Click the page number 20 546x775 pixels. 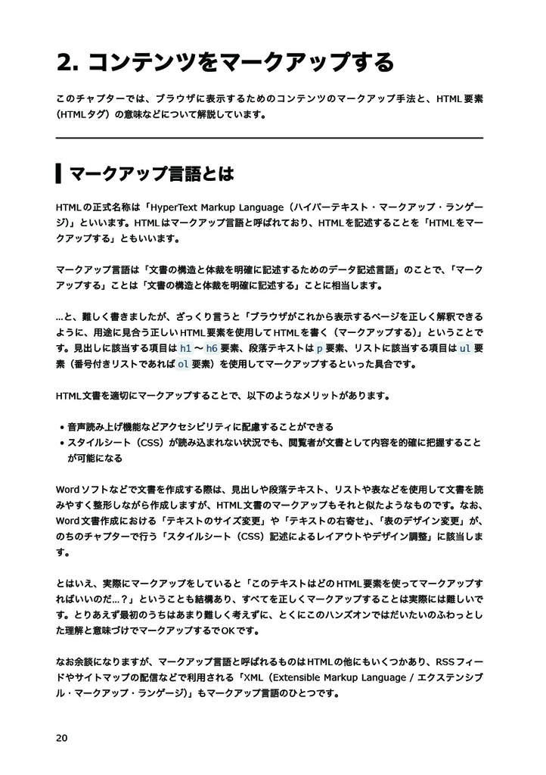click(62, 738)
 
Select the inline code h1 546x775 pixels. click(185, 349)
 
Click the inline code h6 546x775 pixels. click(212, 349)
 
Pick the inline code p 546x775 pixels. click(319, 349)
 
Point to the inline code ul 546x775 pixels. click(466, 349)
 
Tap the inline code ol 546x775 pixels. click(183, 364)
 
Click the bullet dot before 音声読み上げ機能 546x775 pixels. click(61, 428)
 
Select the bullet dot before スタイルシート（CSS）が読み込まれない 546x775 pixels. click(61, 444)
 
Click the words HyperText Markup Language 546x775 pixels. click(219, 207)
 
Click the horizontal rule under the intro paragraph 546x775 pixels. click(269, 139)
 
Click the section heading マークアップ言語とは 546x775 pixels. click(151, 174)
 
